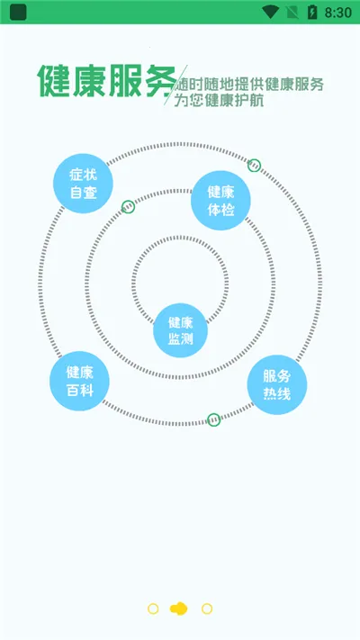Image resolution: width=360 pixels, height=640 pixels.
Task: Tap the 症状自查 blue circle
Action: tap(84, 184)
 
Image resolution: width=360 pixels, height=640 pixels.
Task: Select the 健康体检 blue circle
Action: tap(220, 201)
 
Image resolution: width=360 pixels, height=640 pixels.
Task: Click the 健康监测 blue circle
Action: tap(180, 330)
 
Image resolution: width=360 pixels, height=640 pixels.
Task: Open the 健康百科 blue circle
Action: tap(79, 381)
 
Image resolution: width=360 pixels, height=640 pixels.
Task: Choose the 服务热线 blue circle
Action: tap(277, 385)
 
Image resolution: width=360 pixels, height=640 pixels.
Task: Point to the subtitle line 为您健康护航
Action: tap(219, 101)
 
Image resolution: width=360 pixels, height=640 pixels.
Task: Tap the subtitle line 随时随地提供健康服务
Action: tap(250, 85)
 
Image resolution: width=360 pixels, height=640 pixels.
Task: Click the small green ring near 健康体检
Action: tap(255, 166)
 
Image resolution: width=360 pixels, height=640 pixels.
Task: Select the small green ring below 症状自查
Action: tap(128, 206)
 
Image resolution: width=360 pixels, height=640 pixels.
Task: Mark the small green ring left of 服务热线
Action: tap(214, 419)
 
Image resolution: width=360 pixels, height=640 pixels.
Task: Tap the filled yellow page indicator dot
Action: tap(179, 609)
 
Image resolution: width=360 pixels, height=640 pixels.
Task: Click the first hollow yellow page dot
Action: tap(153, 609)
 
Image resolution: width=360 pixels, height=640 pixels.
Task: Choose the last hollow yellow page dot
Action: tap(207, 609)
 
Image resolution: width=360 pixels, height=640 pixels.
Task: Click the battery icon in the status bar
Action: tap(312, 13)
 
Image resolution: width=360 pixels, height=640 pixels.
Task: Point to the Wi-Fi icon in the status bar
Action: tap(270, 12)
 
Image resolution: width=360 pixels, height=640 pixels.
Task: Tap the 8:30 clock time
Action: tap(338, 13)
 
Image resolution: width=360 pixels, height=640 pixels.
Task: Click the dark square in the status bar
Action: tap(18, 13)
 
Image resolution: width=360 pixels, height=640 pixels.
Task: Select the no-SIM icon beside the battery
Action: tap(292, 13)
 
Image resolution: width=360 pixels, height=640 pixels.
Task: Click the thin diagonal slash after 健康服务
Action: tap(175, 85)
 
